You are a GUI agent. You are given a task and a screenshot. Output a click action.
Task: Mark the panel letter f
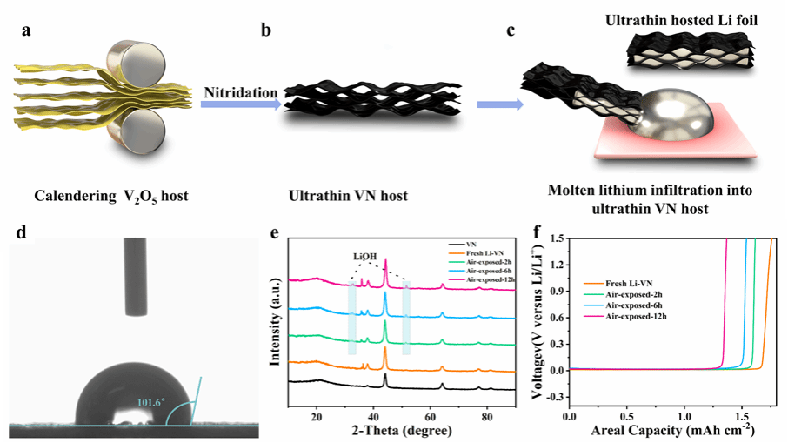pyautogui.click(x=539, y=232)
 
